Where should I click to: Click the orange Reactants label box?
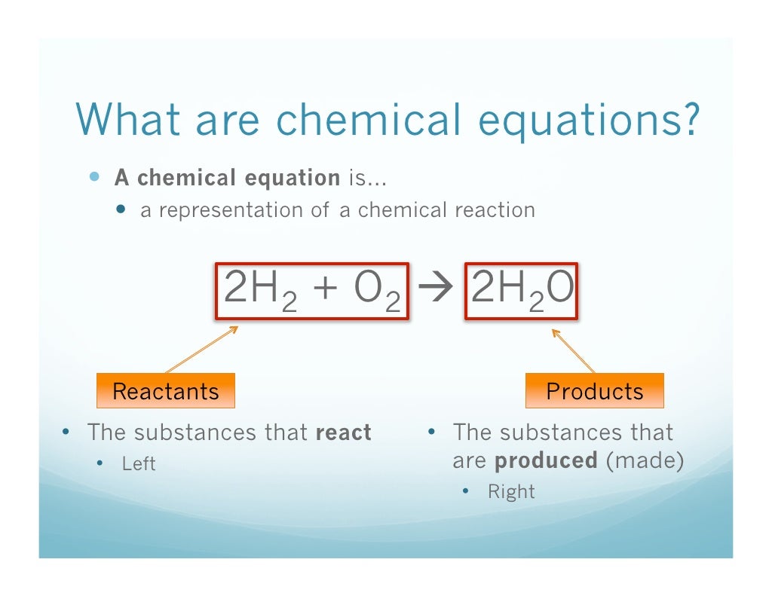point(165,391)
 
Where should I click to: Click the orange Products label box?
point(594,391)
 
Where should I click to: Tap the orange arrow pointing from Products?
point(573,350)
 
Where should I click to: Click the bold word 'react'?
point(343,433)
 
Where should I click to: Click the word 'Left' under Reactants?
point(139,463)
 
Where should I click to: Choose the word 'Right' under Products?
point(511,492)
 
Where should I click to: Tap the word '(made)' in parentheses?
point(645,461)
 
